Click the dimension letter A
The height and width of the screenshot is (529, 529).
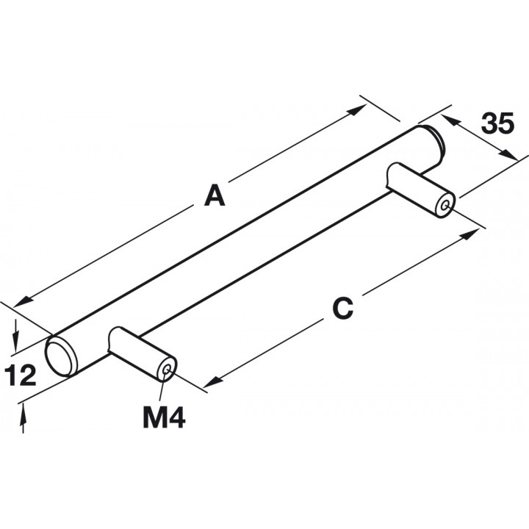tap(215, 195)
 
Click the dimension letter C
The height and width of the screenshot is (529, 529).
tap(343, 309)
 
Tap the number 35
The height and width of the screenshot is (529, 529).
tap(497, 123)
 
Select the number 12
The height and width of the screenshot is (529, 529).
tap(21, 375)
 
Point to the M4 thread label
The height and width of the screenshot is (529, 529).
tap(164, 418)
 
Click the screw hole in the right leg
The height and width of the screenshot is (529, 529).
tap(445, 205)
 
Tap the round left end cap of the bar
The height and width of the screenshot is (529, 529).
tap(60, 356)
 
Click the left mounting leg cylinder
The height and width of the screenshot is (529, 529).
tap(143, 353)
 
